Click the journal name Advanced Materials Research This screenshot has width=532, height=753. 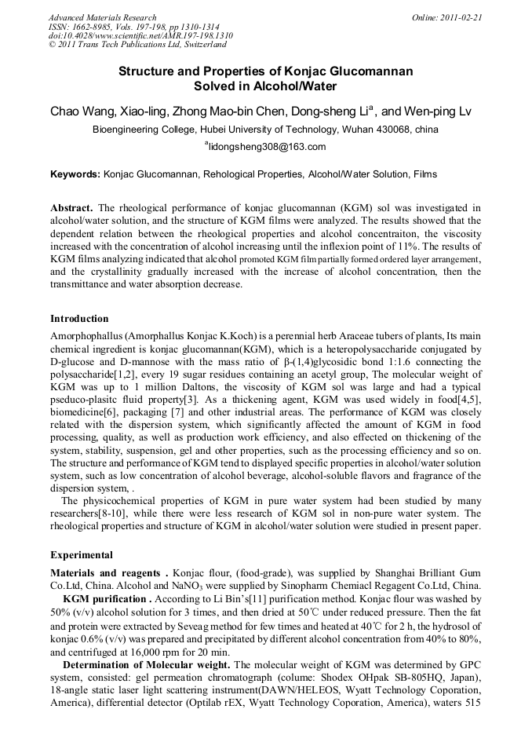tap(102, 17)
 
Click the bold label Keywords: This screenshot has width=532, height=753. tap(75, 174)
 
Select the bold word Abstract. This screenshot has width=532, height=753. tap(71, 208)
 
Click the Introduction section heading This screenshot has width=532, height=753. tap(79, 319)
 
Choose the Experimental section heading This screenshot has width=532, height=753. tap(82, 555)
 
